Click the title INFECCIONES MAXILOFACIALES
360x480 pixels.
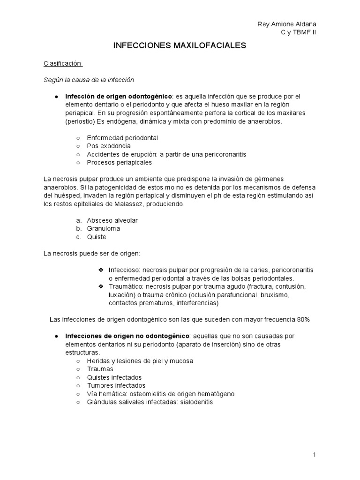tap(180, 45)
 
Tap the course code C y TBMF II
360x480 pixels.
tap(299, 32)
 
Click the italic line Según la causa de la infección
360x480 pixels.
tap(89, 79)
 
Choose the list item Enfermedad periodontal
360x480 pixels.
tap(122, 138)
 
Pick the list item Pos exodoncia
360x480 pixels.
tap(109, 146)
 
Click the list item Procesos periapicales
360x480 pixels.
tap(119, 163)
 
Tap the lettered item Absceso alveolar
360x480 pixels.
tap(112, 220)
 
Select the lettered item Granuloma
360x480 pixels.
tap(104, 228)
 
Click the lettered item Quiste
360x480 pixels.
tap(97, 237)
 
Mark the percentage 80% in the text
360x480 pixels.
tap(303, 320)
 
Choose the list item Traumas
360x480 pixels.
tap(100, 369)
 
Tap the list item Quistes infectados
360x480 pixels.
tap(114, 377)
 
